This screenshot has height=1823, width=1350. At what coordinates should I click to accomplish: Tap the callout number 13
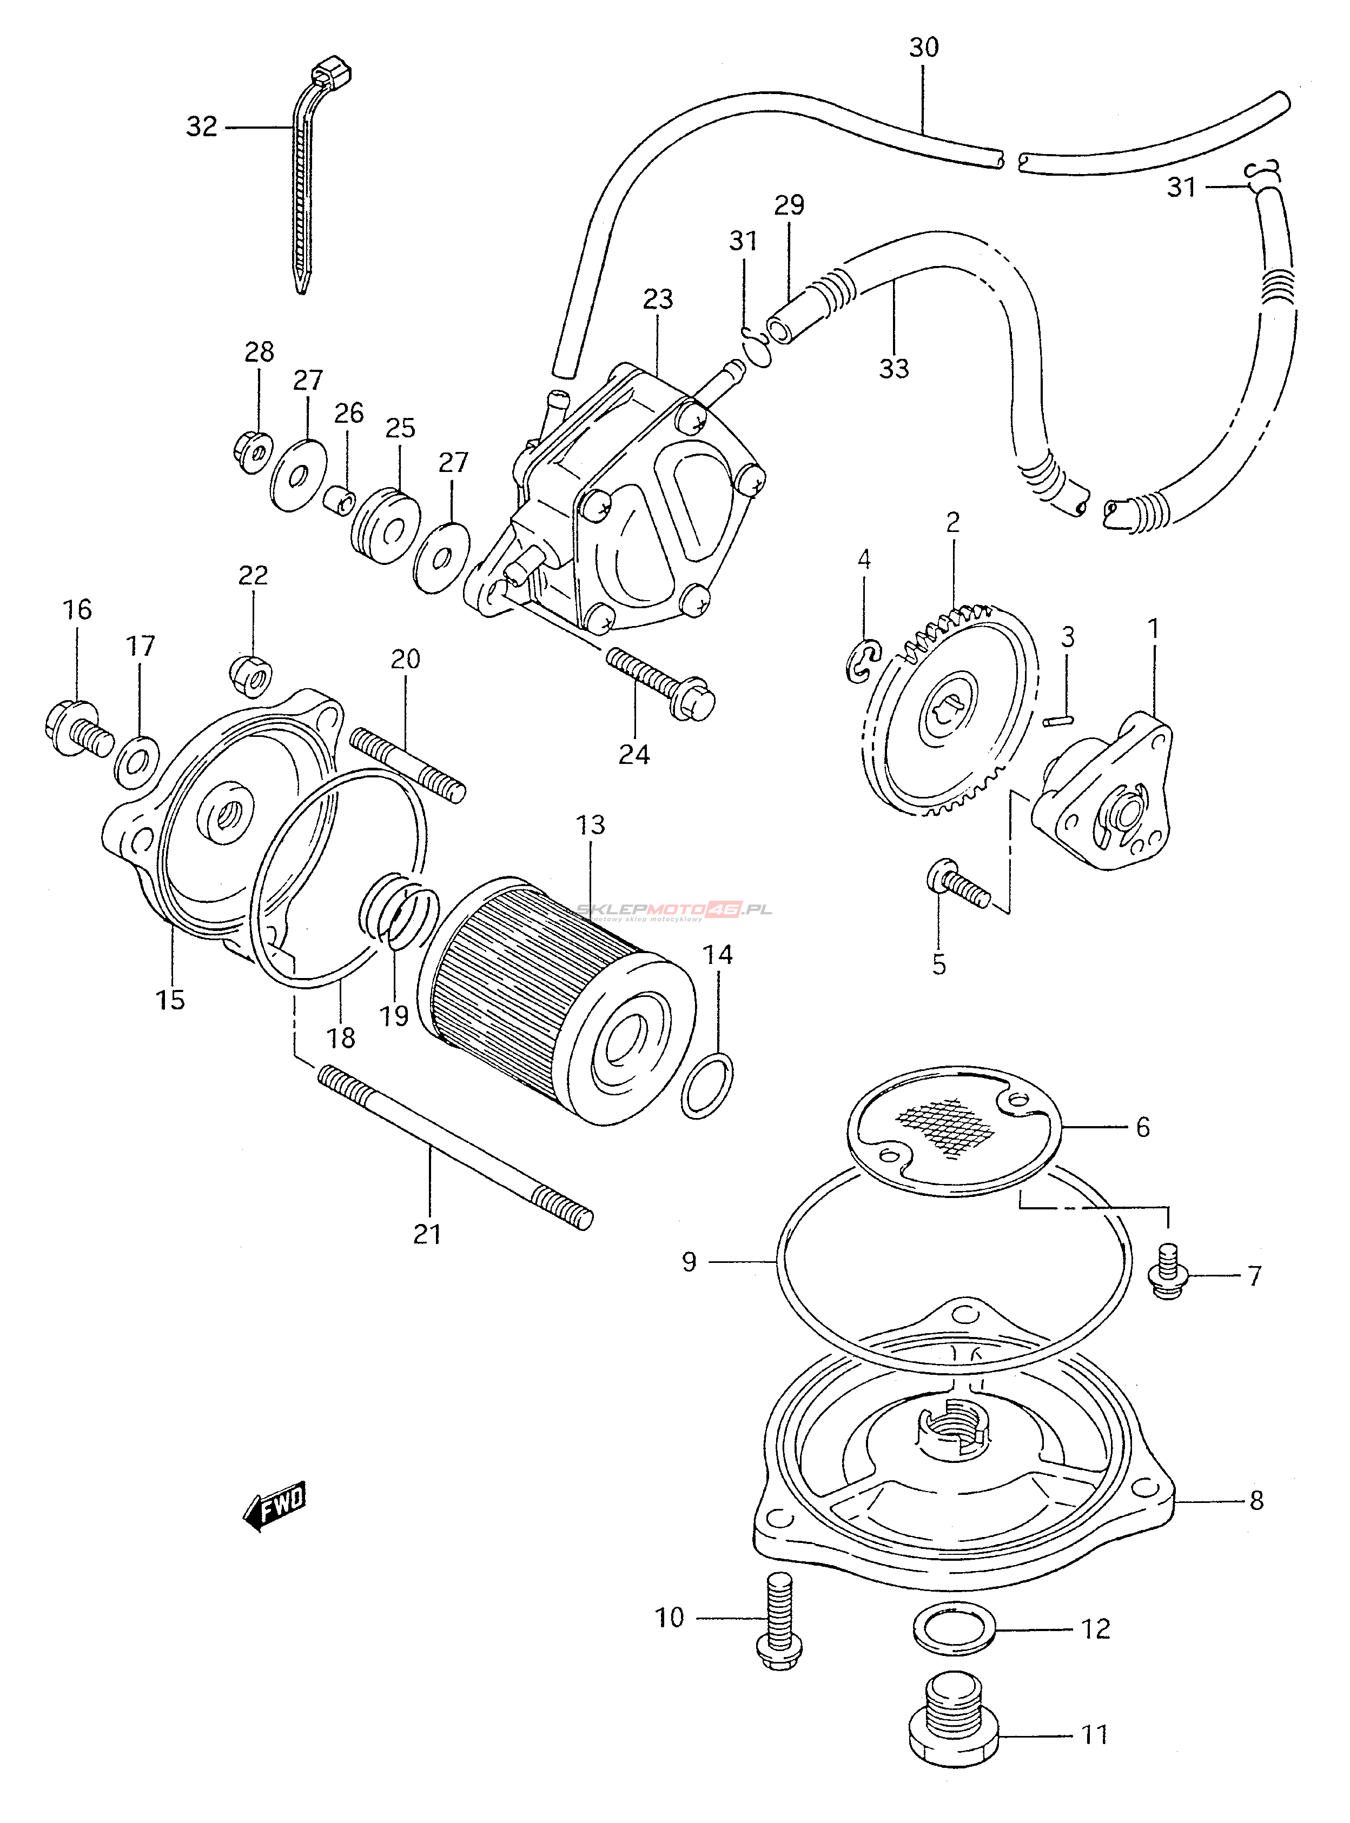tap(590, 825)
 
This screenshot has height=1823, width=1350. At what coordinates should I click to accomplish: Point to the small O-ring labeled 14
tap(706, 1086)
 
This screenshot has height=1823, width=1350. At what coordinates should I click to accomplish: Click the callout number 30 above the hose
tap(923, 48)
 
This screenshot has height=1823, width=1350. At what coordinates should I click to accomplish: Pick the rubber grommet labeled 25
tap(386, 526)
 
